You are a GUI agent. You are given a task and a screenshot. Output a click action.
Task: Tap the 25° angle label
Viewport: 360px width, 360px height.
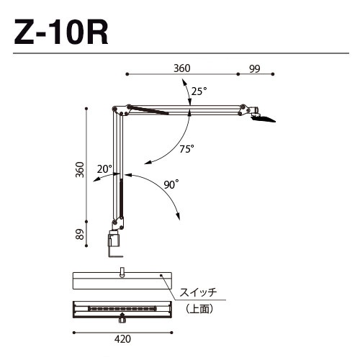pos(199,91)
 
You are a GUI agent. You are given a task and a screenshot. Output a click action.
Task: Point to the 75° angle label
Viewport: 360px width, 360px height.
pos(187,149)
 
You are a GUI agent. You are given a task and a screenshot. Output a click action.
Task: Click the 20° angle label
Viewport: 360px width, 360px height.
pos(105,168)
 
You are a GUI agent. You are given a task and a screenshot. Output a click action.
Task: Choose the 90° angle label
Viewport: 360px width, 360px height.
pos(170,184)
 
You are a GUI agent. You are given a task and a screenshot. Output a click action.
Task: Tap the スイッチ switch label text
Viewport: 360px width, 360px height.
pos(199,292)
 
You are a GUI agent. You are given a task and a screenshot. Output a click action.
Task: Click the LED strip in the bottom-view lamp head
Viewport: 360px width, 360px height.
pos(122,308)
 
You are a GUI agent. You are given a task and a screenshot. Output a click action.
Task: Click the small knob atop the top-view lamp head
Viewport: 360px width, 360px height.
pos(122,271)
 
